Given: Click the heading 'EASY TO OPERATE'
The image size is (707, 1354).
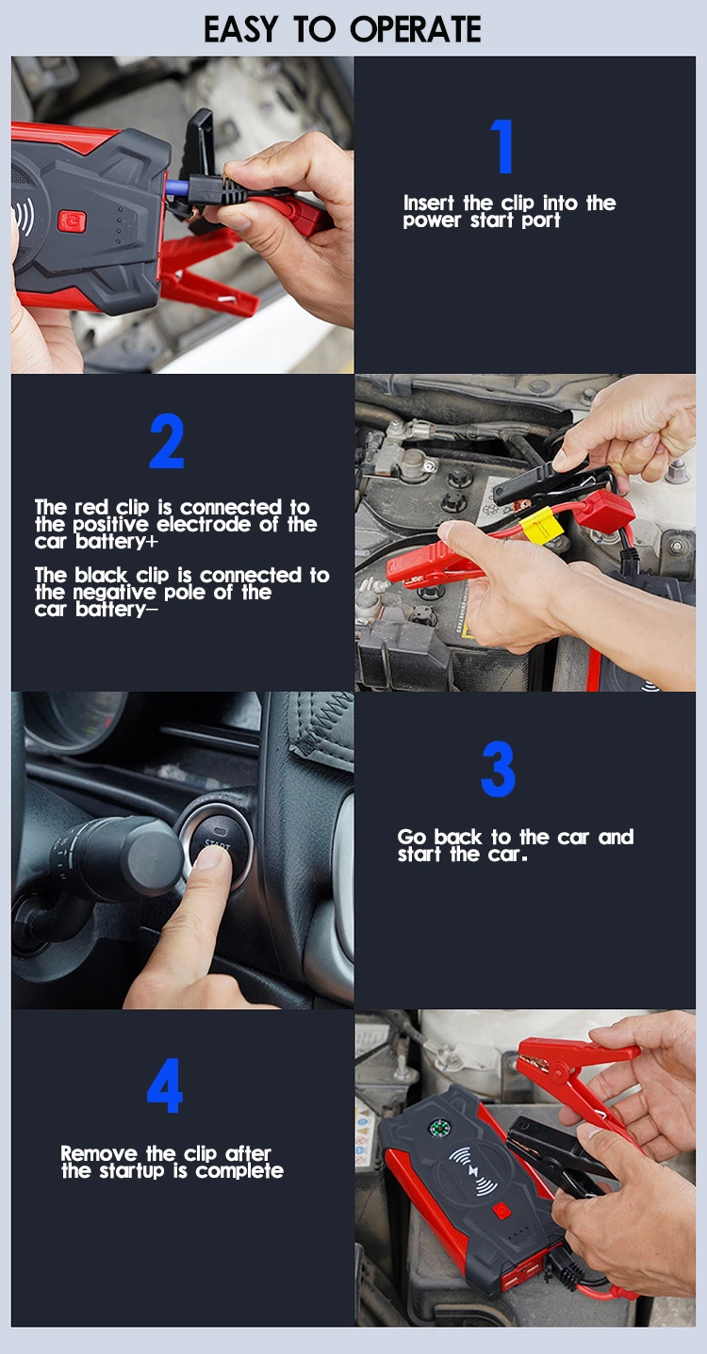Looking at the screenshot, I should tap(342, 28).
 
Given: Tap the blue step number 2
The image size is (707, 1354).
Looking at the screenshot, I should tap(166, 442).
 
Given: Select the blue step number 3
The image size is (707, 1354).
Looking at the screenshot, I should tap(498, 770).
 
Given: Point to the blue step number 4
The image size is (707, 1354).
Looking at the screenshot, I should tap(164, 1085).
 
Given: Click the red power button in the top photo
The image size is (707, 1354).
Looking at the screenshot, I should tap(72, 220).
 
